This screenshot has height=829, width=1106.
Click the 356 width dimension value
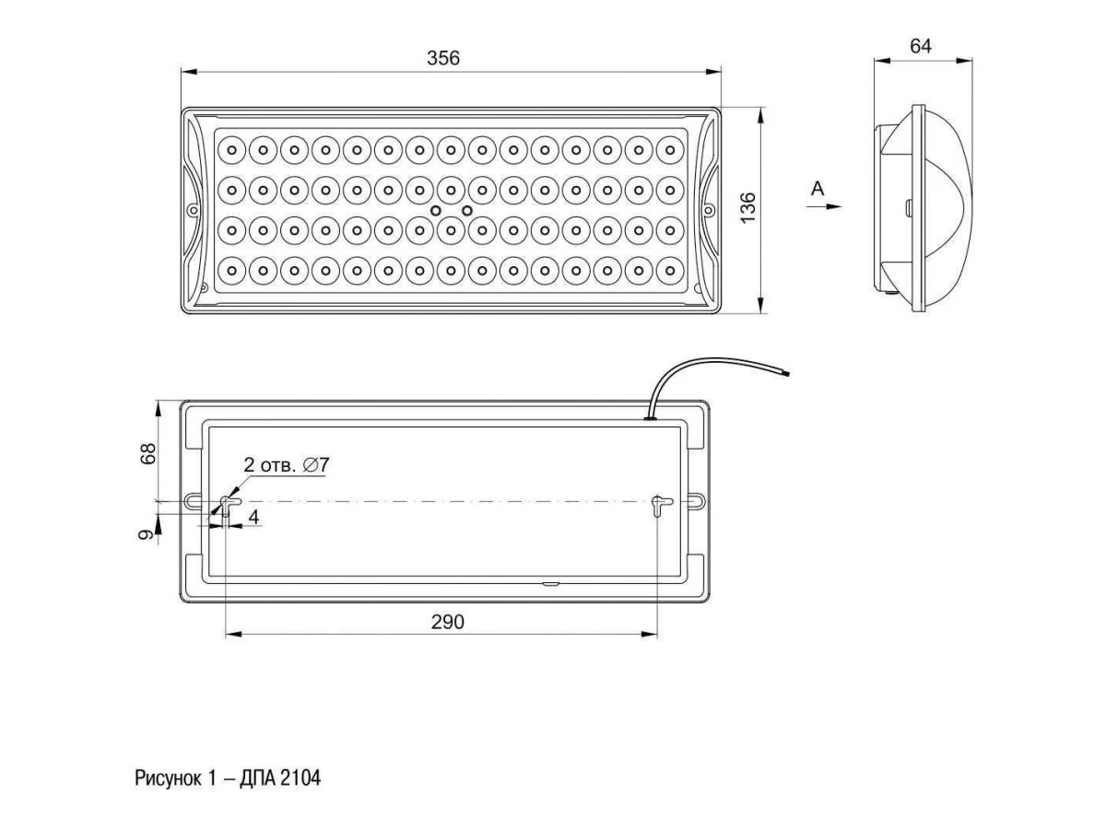pyautogui.click(x=442, y=57)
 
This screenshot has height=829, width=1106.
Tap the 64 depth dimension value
pyautogui.click(x=921, y=46)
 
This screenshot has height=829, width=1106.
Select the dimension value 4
pyautogui.click(x=253, y=518)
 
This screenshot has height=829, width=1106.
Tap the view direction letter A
pyautogui.click(x=817, y=190)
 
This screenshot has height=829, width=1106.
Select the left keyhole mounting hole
pyautogui.click(x=227, y=504)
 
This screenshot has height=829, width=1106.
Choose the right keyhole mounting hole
pyautogui.click(x=657, y=504)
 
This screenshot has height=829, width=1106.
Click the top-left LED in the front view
pyautogui.click(x=231, y=147)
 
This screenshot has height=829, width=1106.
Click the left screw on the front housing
pyautogui.click(x=193, y=210)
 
